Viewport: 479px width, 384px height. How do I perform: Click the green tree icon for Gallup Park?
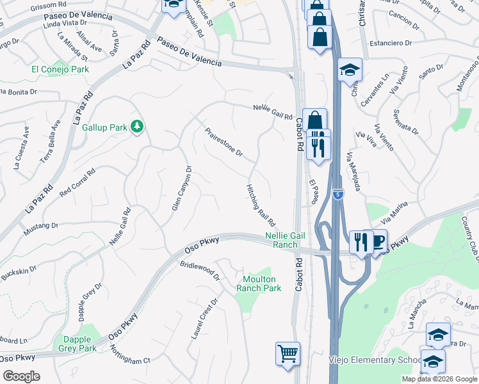click(136, 127)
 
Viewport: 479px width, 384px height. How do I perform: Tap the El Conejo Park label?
click(60, 69)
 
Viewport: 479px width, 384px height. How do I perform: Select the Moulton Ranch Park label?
click(259, 284)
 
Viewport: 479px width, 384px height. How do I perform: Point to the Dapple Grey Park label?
click(79, 344)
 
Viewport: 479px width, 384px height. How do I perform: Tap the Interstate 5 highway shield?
click(337, 193)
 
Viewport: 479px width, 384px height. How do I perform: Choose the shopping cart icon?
click(288, 353)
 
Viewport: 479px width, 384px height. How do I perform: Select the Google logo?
click(21, 376)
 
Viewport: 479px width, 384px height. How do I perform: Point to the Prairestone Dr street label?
click(224, 142)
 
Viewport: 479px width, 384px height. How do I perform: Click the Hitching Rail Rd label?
click(261, 205)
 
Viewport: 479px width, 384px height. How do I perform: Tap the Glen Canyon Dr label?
click(182, 188)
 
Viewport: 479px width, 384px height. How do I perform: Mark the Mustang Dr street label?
click(41, 226)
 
